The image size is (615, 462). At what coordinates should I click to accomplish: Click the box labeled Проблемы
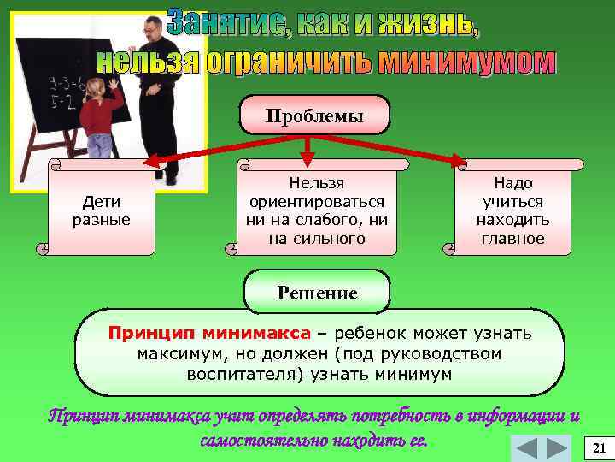click(314, 115)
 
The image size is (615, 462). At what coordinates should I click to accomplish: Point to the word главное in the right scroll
click(512, 239)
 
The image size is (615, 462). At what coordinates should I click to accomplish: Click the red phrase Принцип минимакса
click(209, 333)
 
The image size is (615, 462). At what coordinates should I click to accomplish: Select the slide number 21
click(598, 448)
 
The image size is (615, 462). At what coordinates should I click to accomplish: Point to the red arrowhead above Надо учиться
click(459, 161)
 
